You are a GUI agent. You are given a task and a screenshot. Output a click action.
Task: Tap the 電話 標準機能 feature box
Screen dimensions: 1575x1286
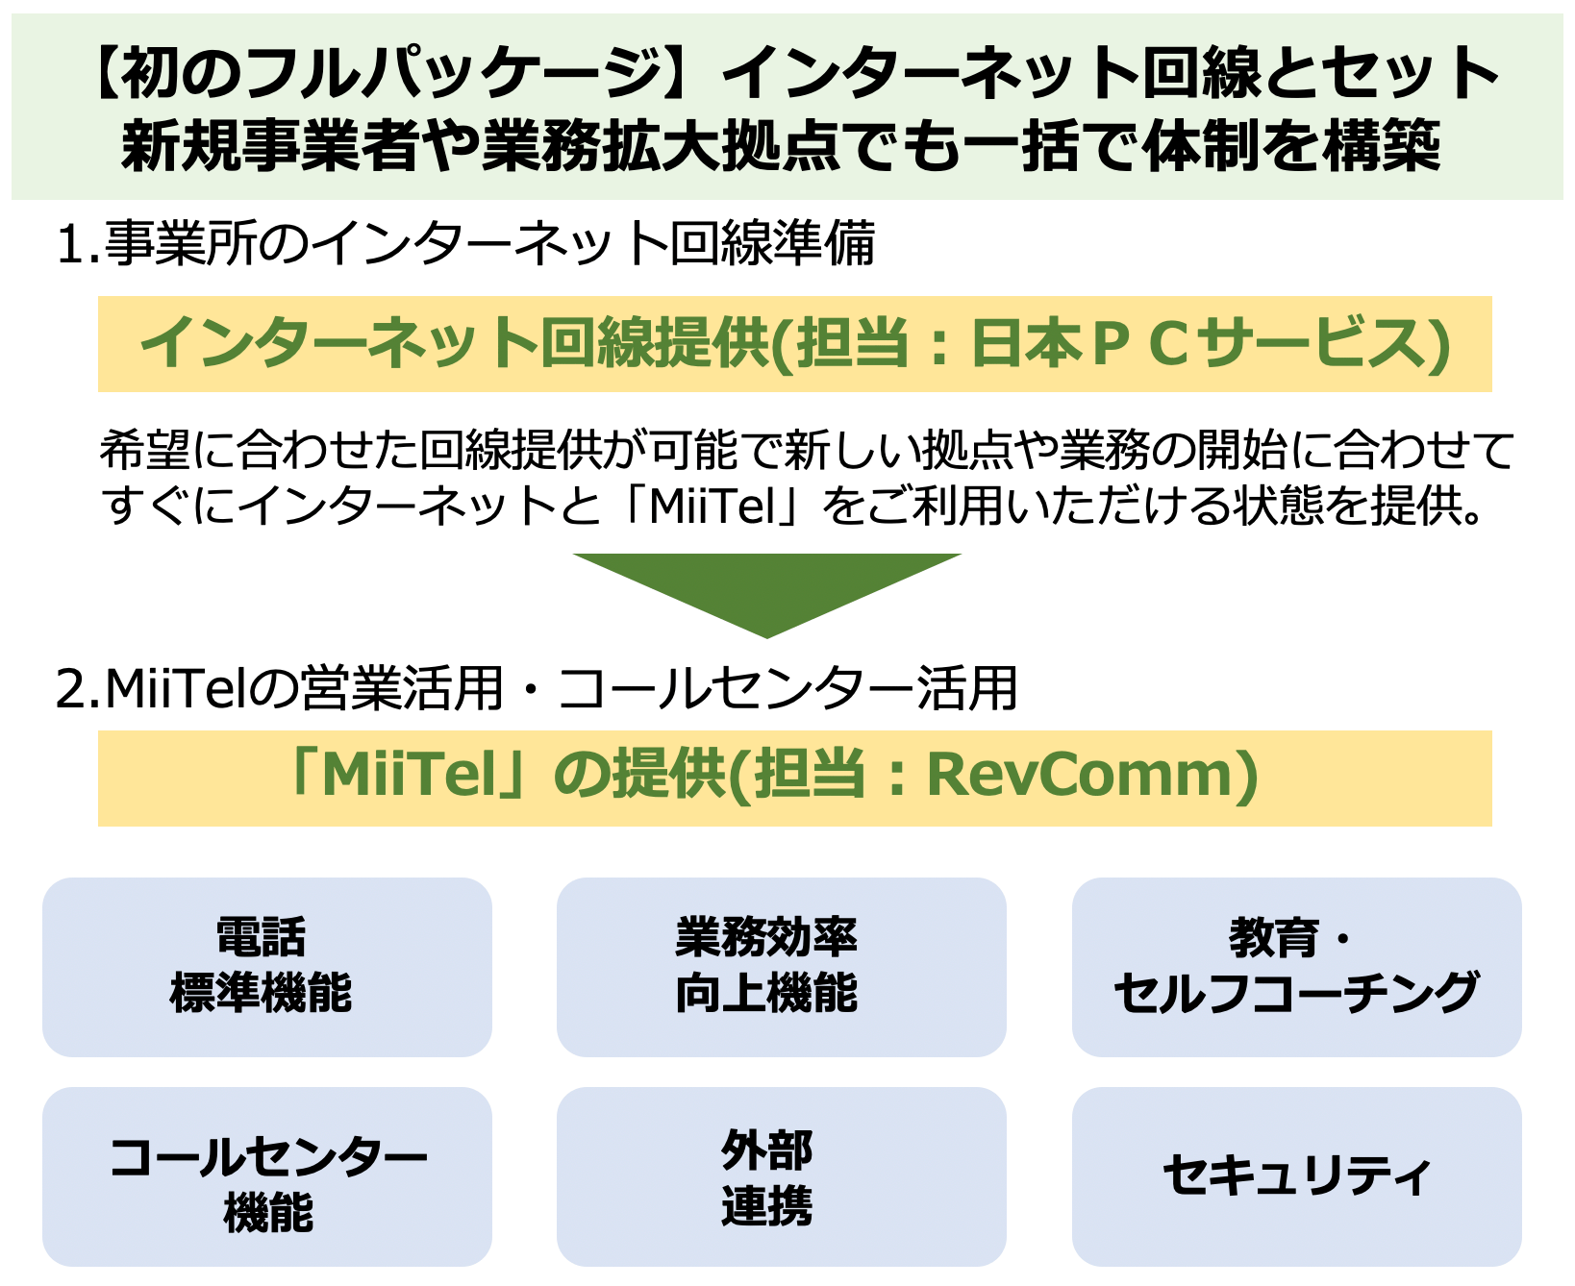(267, 967)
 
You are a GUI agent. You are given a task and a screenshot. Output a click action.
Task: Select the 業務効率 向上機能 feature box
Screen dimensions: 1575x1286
(781, 967)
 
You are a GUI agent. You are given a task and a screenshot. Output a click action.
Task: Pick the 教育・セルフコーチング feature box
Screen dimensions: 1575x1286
(1296, 967)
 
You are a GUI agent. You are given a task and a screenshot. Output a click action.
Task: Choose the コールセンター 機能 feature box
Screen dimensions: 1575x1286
(267, 1176)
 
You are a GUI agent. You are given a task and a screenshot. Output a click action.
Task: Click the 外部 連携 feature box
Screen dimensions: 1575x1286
(781, 1176)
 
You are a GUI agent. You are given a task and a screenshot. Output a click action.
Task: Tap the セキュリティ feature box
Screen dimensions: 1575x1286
(1296, 1176)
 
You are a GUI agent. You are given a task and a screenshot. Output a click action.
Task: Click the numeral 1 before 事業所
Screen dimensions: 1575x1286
(70, 245)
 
